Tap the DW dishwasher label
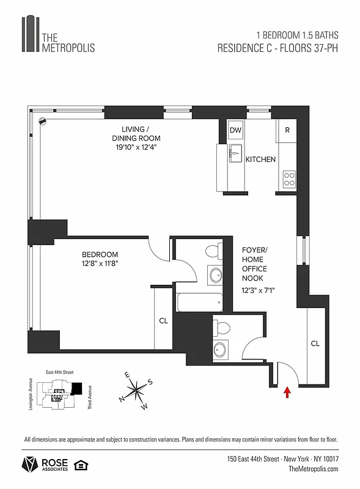pos(235,130)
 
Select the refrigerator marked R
pos(287,130)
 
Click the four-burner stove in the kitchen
pos(288,180)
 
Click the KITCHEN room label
pos(260,160)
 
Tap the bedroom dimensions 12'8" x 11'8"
pos(100,263)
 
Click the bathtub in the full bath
pos(200,302)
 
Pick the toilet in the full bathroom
pos(213,251)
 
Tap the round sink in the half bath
pos(221,350)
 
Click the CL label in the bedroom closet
pos(163,320)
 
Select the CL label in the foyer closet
pos(315,344)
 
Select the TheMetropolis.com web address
pos(312,468)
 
